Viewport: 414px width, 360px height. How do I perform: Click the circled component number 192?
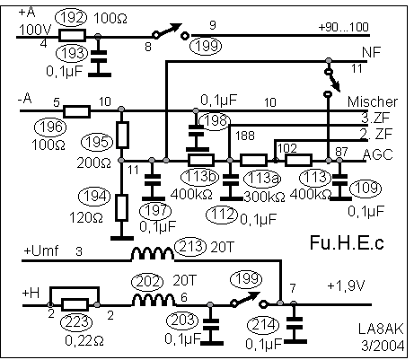72,17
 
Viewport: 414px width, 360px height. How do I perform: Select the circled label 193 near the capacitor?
73,53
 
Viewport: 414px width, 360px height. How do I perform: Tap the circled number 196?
50,127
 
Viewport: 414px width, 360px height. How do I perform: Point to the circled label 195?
97,142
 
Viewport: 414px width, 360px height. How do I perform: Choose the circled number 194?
94,197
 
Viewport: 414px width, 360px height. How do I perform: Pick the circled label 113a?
262,178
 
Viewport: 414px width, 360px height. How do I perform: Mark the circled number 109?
366,188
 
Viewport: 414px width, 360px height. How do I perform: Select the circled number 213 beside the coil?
190,246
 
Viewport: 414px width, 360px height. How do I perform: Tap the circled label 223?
76,322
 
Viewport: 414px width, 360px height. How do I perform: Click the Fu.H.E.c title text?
347,242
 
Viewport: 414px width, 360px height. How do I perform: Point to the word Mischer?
373,101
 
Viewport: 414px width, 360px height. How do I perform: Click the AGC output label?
378,154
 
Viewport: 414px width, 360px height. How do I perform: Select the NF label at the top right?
371,53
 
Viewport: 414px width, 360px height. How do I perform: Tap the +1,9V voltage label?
346,286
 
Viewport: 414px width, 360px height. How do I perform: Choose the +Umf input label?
40,250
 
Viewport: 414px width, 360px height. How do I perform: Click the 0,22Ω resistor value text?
84,340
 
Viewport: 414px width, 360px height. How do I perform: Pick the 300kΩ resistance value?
264,197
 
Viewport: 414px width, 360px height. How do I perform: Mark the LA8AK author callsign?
381,329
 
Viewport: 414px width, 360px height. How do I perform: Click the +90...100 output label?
343,27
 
